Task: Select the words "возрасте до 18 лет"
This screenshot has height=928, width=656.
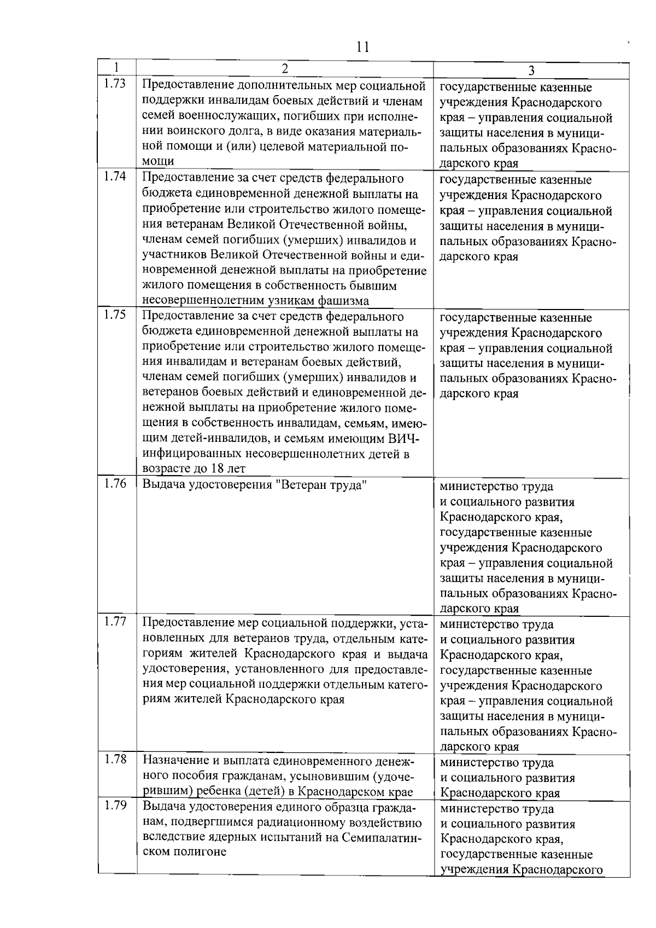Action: pos(194,469)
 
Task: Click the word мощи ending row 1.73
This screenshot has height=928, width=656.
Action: pos(159,162)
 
